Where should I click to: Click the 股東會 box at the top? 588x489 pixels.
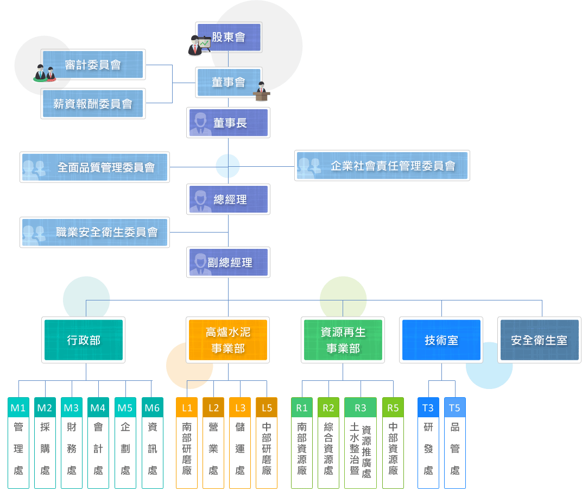pyautogui.click(x=229, y=37)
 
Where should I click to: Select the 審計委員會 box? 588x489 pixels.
pyautogui.click(x=93, y=65)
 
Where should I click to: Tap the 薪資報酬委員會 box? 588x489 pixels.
pyautogui.click(x=93, y=103)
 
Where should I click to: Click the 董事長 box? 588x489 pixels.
pyautogui.click(x=229, y=123)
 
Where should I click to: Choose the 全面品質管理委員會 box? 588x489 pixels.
pyautogui.click(x=94, y=167)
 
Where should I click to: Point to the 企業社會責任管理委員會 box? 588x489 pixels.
pyautogui.click(x=382, y=166)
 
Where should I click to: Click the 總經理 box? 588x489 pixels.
pyautogui.click(x=229, y=199)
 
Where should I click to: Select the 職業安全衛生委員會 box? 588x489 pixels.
pyautogui.click(x=94, y=233)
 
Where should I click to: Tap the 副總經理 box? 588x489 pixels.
pyautogui.click(x=229, y=263)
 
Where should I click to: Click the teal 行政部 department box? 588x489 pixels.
pyautogui.click(x=84, y=340)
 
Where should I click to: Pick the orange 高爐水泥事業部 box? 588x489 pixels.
pyautogui.click(x=228, y=340)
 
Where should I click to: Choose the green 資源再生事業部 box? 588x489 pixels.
pyautogui.click(x=343, y=340)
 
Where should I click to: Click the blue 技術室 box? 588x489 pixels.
pyautogui.click(x=441, y=340)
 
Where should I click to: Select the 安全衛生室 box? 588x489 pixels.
pyautogui.click(x=539, y=340)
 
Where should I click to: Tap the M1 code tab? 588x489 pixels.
pyautogui.click(x=18, y=407)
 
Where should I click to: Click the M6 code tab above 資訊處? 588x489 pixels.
pyautogui.click(x=153, y=407)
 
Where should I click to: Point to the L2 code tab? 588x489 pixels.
pyautogui.click(x=213, y=407)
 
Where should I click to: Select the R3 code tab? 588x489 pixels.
pyautogui.click(x=361, y=407)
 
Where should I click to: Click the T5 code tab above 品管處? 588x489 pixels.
pyautogui.click(x=455, y=407)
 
